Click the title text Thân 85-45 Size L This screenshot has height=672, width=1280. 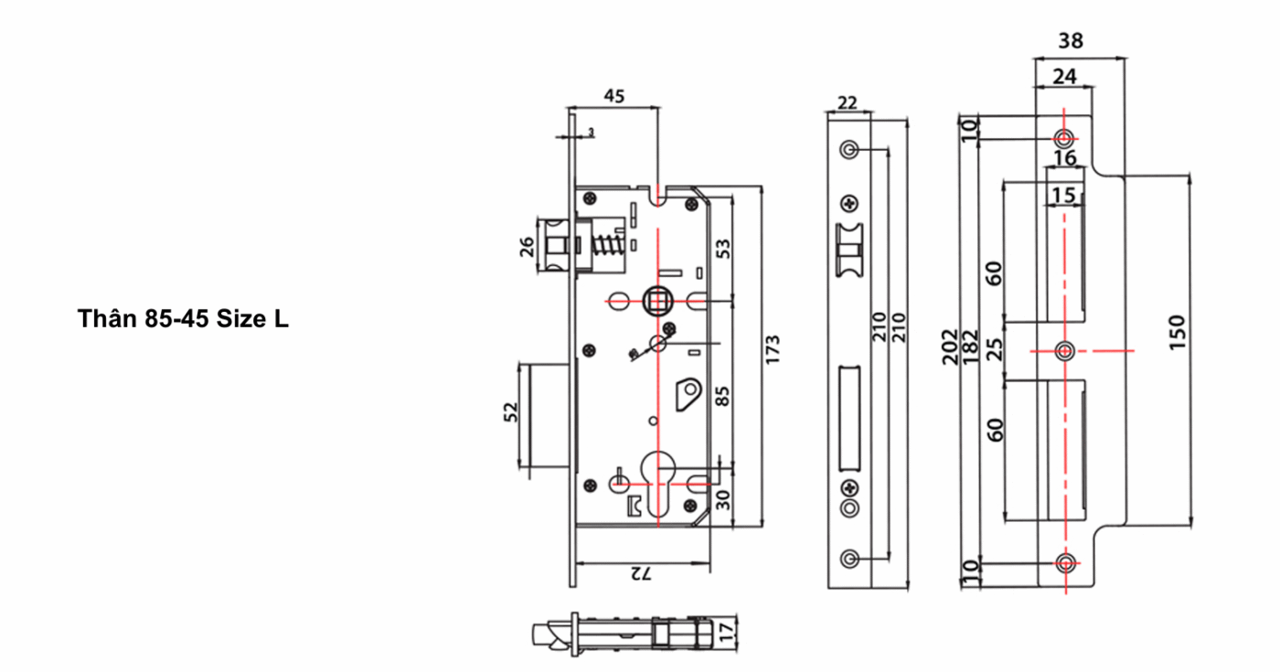click(183, 319)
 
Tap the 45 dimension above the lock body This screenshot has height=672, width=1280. click(614, 96)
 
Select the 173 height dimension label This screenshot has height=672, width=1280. click(772, 349)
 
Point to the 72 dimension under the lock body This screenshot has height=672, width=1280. click(641, 573)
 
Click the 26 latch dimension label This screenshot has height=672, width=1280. click(527, 247)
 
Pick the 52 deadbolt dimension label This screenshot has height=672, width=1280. click(511, 412)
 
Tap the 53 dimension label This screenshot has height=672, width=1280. click(723, 249)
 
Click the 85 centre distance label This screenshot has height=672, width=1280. click(723, 397)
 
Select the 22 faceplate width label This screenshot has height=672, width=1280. click(848, 102)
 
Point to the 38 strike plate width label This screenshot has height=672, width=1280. click(1071, 40)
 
